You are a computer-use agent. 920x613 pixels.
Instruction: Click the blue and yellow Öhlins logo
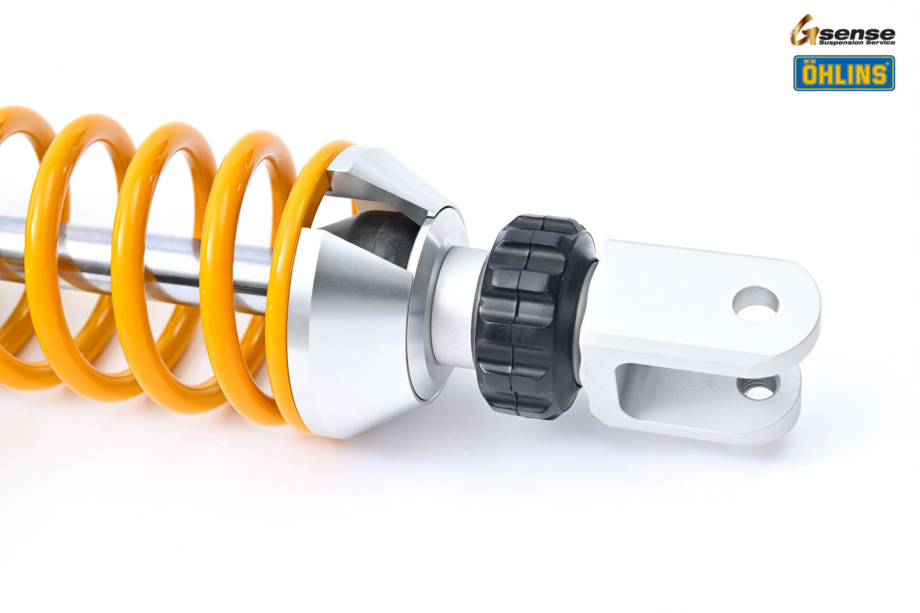pyautogui.click(x=844, y=73)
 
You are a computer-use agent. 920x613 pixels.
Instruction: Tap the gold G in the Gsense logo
pyautogui.click(x=803, y=31)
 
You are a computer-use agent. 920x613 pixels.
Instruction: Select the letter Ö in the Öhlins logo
pyautogui.click(x=809, y=74)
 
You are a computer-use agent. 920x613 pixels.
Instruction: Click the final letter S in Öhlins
pyautogui.click(x=879, y=74)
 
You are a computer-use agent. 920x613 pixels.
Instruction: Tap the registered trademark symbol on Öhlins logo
pyautogui.click(x=889, y=64)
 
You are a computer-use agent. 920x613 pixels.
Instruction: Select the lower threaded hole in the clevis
pyautogui.click(x=758, y=387)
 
